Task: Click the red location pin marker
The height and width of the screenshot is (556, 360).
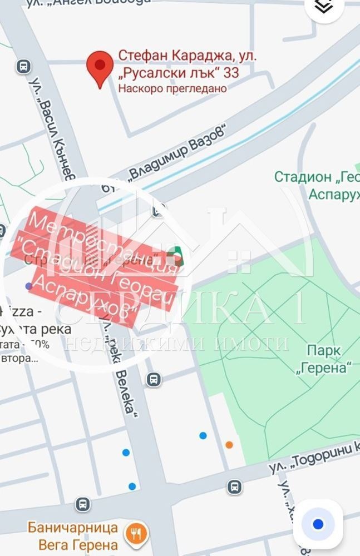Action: coord(100,68)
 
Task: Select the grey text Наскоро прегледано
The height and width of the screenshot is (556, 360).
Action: coord(172,88)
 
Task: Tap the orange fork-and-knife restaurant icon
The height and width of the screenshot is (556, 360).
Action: coord(135,533)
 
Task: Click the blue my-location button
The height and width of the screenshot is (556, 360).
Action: coord(318,524)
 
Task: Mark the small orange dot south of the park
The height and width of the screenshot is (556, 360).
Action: coord(229,444)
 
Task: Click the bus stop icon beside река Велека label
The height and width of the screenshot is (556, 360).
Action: coord(154,380)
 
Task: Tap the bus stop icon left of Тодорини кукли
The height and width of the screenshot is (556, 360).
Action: coord(235,487)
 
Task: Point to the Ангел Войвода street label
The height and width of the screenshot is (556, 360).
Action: coord(111,2)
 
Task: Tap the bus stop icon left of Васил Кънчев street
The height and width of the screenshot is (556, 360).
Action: coord(23,67)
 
